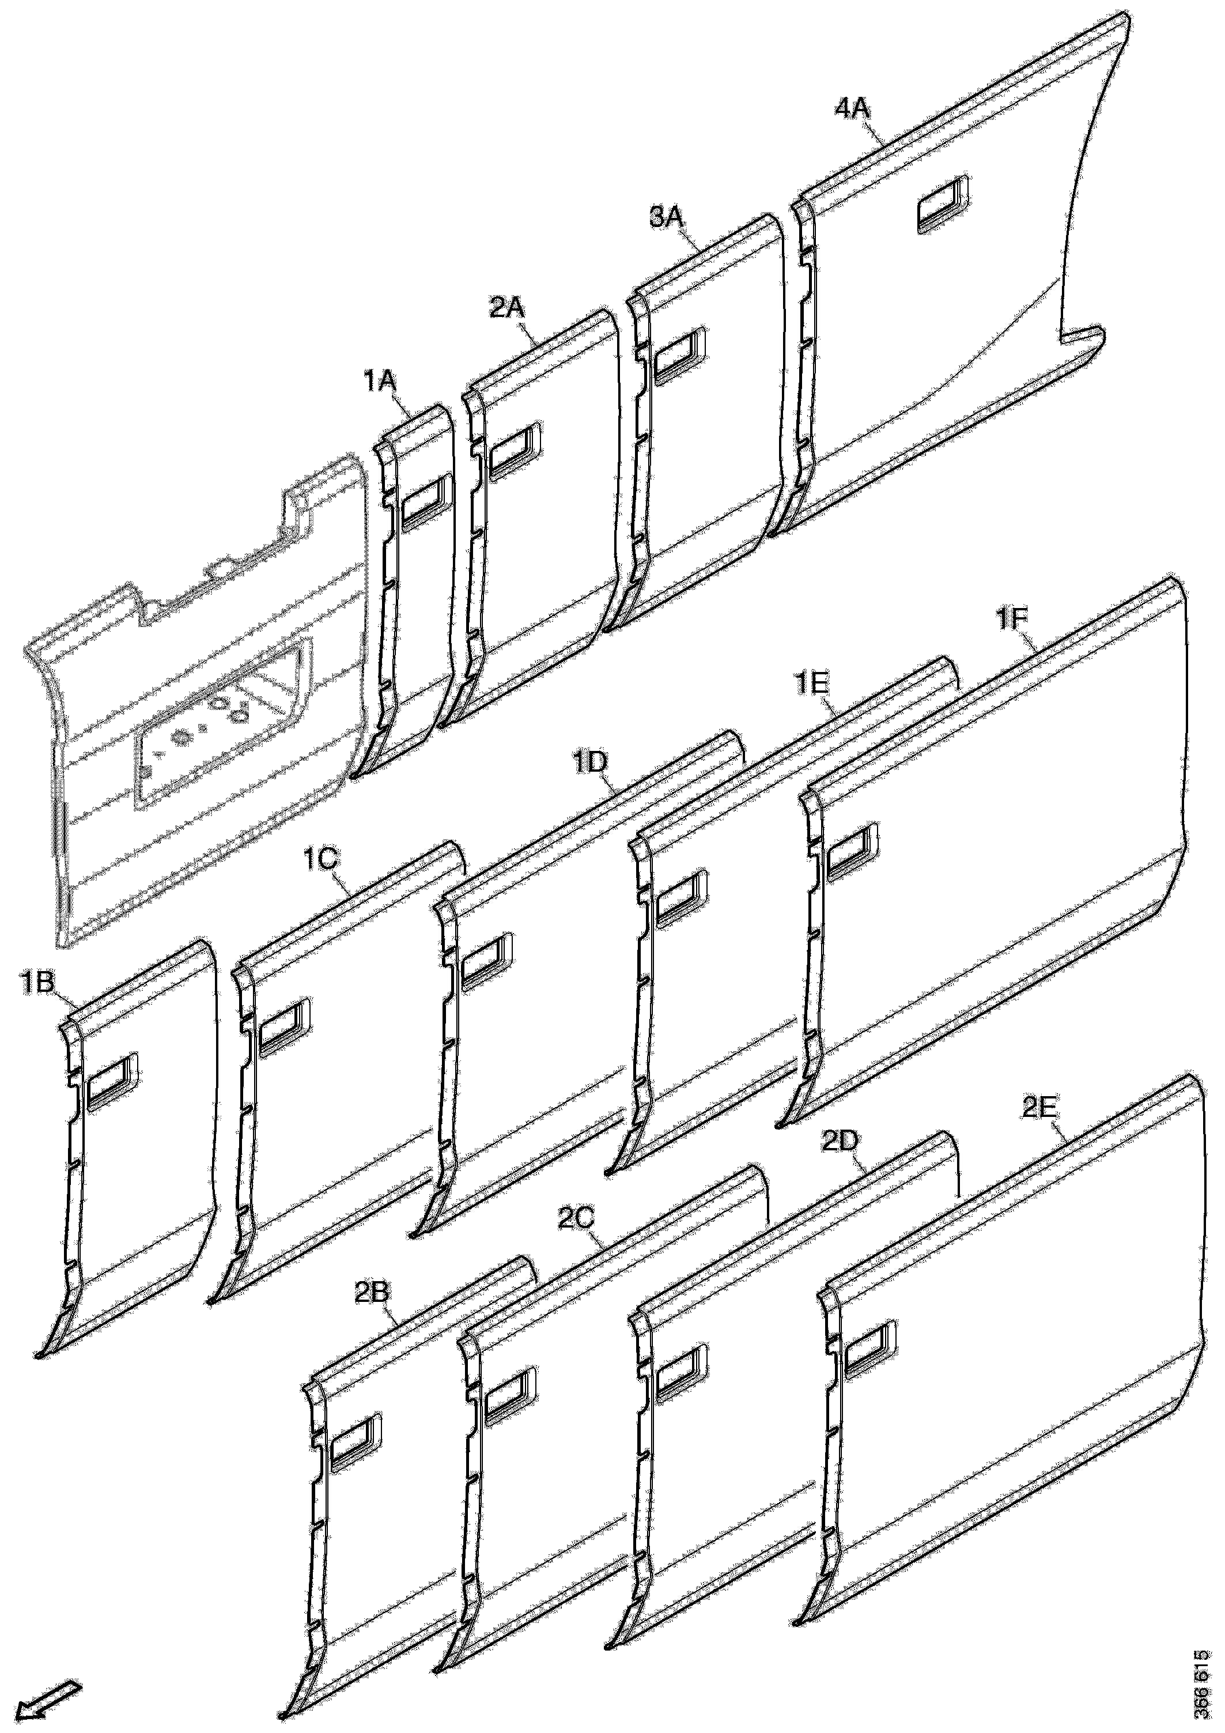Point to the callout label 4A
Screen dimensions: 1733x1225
pyautogui.click(x=852, y=109)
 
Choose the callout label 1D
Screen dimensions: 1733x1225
pyautogui.click(x=589, y=761)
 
